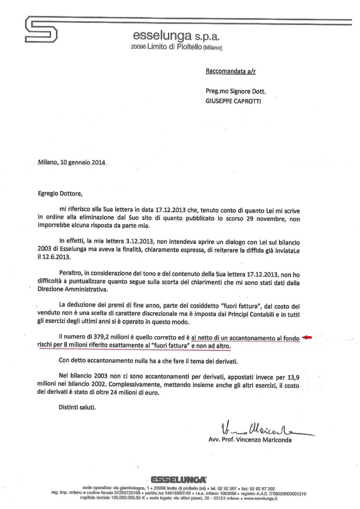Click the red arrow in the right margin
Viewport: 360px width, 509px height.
[308, 338]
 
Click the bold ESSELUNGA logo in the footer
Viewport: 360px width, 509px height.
[178, 478]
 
